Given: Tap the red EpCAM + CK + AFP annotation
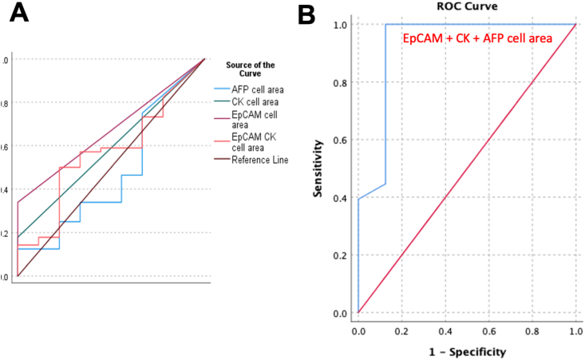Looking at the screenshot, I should [478, 38].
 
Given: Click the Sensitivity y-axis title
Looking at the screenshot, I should [318, 168].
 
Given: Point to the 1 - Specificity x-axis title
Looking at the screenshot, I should [466, 350].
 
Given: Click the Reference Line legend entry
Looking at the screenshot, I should [260, 160].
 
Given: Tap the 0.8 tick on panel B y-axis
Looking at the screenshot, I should [340, 82].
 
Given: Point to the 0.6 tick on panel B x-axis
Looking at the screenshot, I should [488, 329].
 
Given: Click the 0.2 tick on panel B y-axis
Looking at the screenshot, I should [340, 255].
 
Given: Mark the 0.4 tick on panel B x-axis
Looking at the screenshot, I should [445, 329].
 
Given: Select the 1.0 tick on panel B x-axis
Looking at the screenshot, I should [575, 329].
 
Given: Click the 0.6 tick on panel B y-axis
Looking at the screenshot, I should [340, 140].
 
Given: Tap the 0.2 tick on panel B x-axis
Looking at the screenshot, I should [401, 329].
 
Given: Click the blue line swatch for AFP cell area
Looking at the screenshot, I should [220, 89].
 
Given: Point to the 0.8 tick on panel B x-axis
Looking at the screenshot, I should [532, 329].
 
